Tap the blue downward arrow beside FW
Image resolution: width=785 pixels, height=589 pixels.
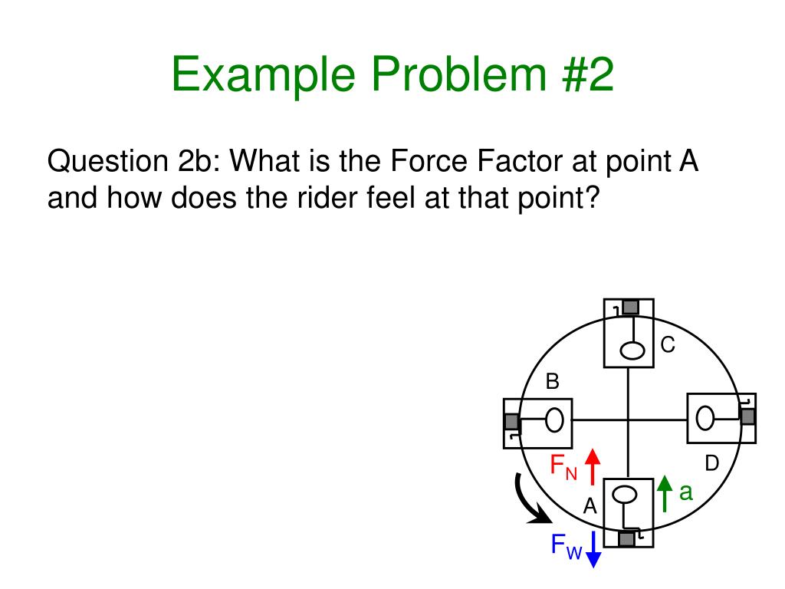[592, 551]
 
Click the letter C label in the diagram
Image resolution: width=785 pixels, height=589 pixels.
[668, 346]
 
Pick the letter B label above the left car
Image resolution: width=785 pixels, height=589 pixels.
[552, 381]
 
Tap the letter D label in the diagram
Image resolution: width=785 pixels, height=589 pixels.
[712, 463]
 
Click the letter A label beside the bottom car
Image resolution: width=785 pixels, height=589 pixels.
[590, 506]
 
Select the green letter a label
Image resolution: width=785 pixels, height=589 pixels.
[685, 492]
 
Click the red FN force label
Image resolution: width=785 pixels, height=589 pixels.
[563, 466]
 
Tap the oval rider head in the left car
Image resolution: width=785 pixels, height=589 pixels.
[554, 420]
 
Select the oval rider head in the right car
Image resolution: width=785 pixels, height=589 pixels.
[705, 419]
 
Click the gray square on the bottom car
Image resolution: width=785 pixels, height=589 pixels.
[627, 539]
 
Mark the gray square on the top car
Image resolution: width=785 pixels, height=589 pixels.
[629, 307]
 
